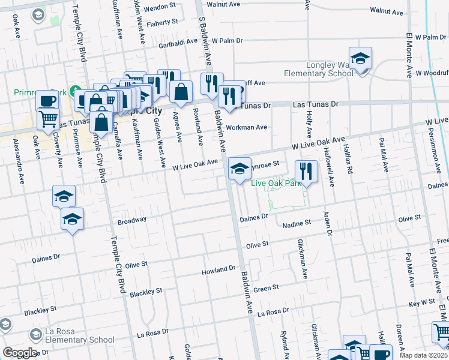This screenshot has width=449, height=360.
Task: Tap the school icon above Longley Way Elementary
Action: tap(361, 59)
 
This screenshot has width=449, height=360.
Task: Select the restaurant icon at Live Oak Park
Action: tap(306, 172)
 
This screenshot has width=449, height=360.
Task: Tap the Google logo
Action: tap(20, 353)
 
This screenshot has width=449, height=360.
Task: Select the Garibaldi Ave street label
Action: tap(178, 44)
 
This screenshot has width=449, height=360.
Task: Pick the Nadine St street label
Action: tap(297, 223)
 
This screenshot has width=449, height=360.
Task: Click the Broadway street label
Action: tap(132, 221)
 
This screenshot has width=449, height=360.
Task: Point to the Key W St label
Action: tap(422, 303)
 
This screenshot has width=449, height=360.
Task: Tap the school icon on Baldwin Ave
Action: tap(240, 169)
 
